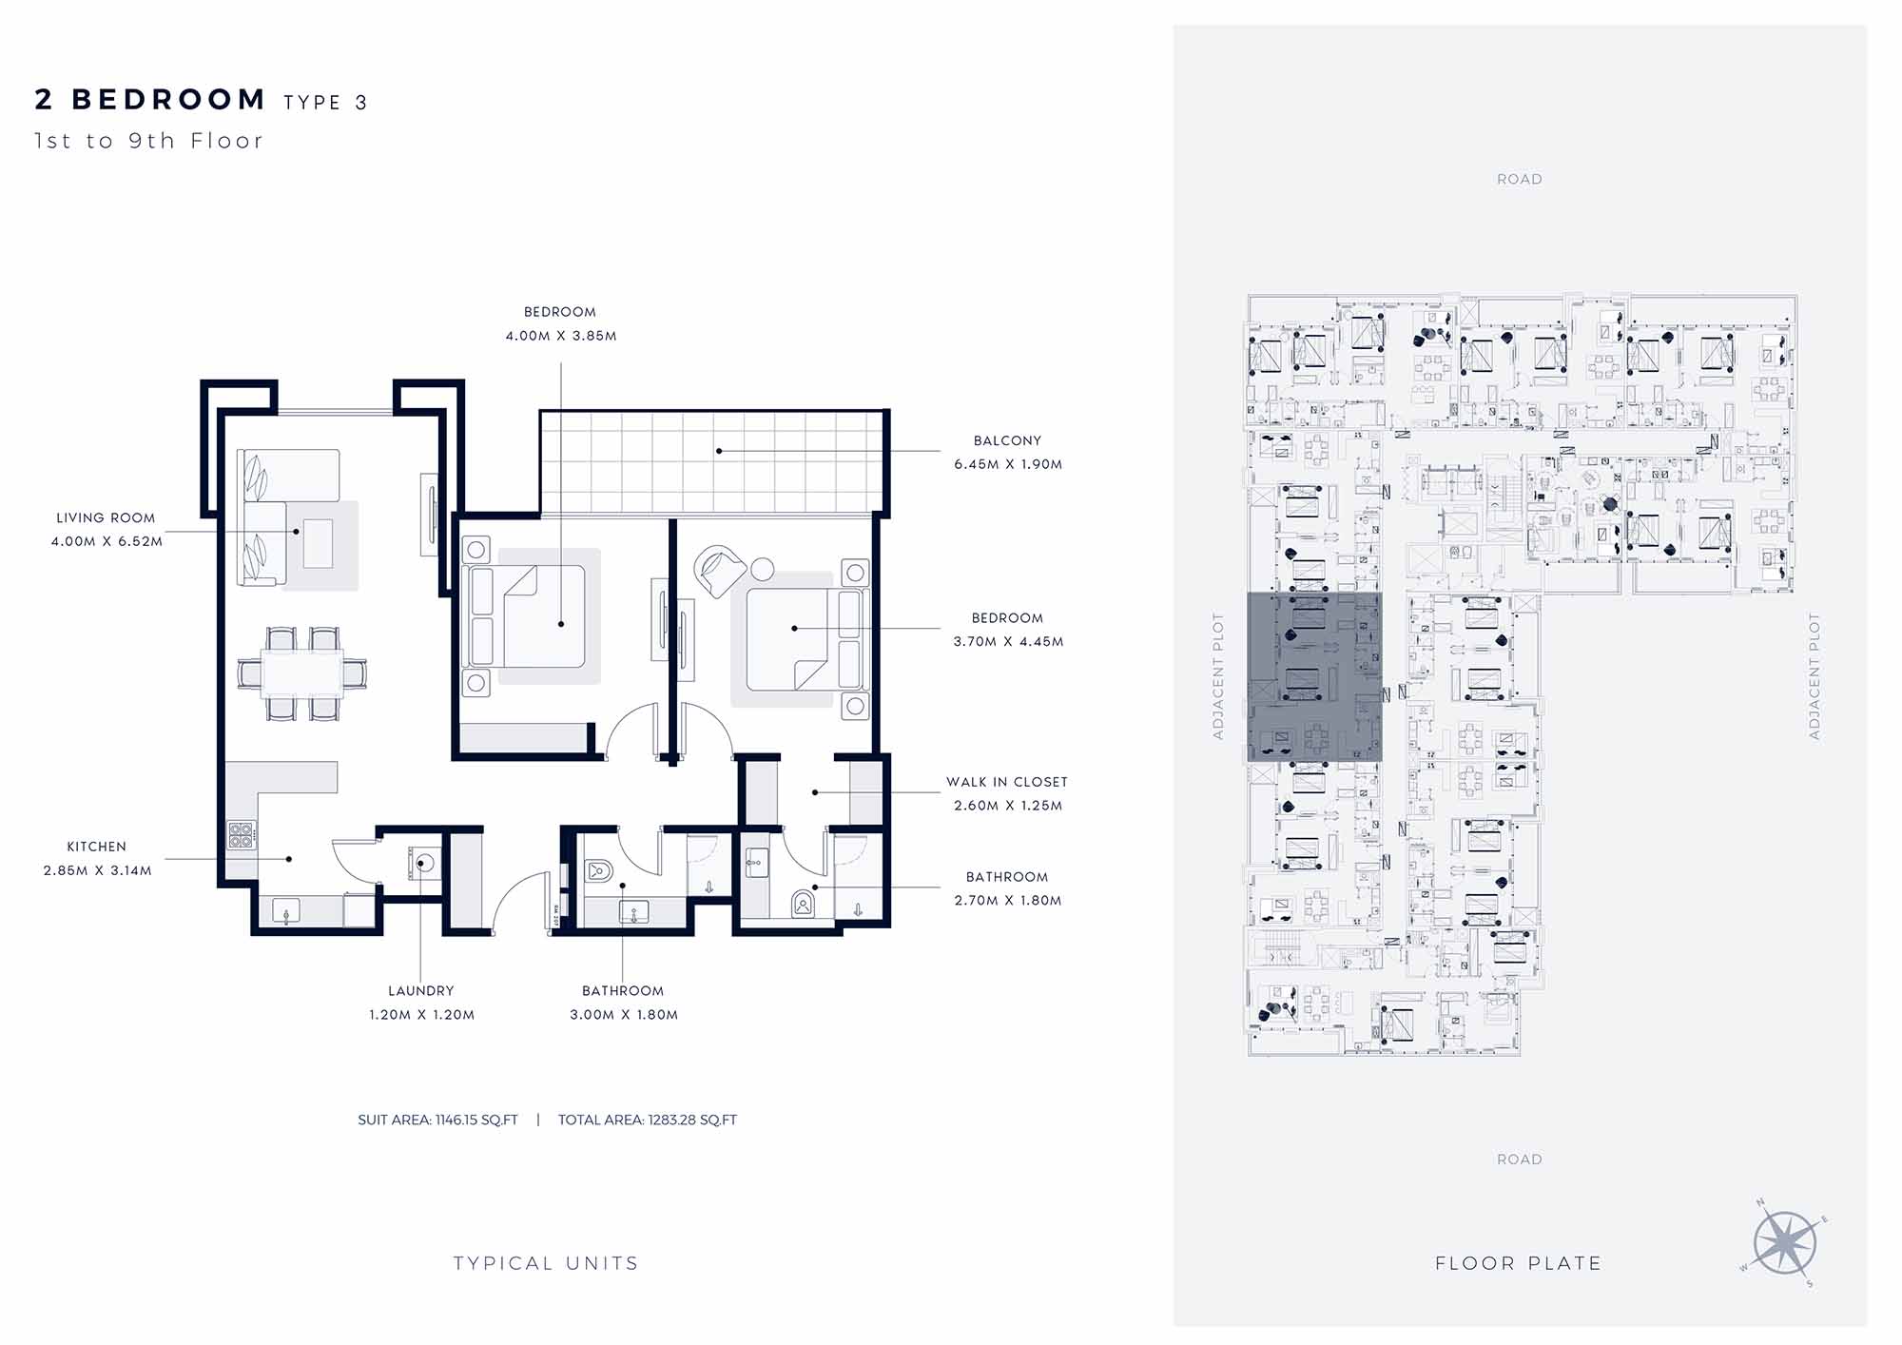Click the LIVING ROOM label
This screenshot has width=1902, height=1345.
click(106, 518)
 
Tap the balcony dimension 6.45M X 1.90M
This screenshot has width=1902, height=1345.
click(1008, 464)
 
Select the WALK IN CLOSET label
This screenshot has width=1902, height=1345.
click(1007, 782)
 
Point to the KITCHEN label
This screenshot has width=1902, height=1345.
click(96, 847)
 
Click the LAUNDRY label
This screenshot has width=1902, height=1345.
click(421, 991)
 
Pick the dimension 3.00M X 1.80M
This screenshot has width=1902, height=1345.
click(624, 1015)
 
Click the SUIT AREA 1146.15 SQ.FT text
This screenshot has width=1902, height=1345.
click(437, 1121)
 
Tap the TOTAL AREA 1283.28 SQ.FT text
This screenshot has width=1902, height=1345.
click(648, 1121)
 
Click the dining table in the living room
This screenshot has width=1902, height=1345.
click(302, 673)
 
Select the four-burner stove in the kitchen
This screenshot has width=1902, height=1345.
click(242, 835)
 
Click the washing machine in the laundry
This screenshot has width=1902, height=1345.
click(425, 863)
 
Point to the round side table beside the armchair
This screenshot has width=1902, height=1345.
click(763, 569)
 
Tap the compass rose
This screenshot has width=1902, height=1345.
click(1785, 1243)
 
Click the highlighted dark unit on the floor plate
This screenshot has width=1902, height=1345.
click(1314, 676)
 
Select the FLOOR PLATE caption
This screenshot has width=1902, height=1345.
click(1519, 1263)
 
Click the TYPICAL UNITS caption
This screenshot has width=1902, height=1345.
click(546, 1263)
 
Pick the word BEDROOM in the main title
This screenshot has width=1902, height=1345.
click(169, 100)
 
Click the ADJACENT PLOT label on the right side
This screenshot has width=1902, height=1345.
click(1814, 676)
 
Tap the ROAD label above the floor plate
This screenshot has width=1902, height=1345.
click(1520, 179)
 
